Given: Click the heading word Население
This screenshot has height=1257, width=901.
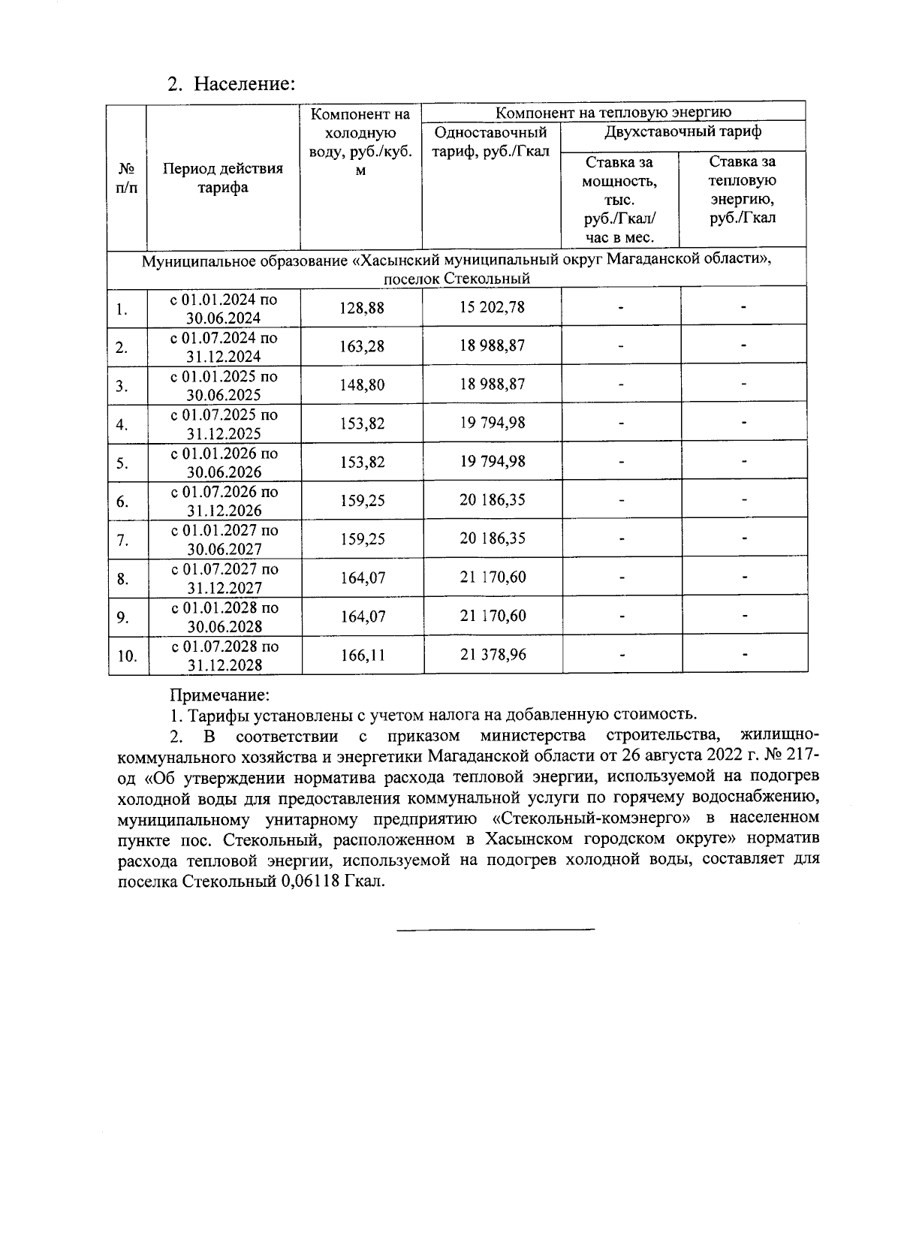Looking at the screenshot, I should tap(244, 83).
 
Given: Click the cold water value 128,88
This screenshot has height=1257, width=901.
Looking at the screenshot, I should tap(362, 308).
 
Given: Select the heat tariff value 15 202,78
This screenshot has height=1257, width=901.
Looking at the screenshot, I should tap(493, 307).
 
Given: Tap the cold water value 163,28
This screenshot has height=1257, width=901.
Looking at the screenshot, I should tap(362, 346).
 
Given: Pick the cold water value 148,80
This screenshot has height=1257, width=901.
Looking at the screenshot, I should tap(362, 385).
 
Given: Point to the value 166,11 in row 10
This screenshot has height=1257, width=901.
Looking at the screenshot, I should tap(362, 655).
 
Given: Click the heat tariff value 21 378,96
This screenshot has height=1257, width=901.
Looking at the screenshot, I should tap(493, 654).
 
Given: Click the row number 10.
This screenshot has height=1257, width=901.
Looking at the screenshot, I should tap(127, 656).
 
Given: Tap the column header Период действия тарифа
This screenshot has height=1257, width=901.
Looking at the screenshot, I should tap(223, 178).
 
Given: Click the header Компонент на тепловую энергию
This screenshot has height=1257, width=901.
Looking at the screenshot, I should tap(613, 113).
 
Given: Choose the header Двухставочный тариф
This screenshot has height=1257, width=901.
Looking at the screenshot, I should tap(683, 132).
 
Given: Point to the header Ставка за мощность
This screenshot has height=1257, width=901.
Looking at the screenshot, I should tap(619, 181).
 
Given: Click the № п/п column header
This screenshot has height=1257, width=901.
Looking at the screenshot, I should tap(127, 178).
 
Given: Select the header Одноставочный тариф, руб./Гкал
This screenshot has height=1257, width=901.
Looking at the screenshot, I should tap(492, 142).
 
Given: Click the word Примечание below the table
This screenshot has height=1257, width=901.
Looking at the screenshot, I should tap(219, 696).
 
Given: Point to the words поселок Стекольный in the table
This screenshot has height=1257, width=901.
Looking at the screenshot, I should tap(457, 279).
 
